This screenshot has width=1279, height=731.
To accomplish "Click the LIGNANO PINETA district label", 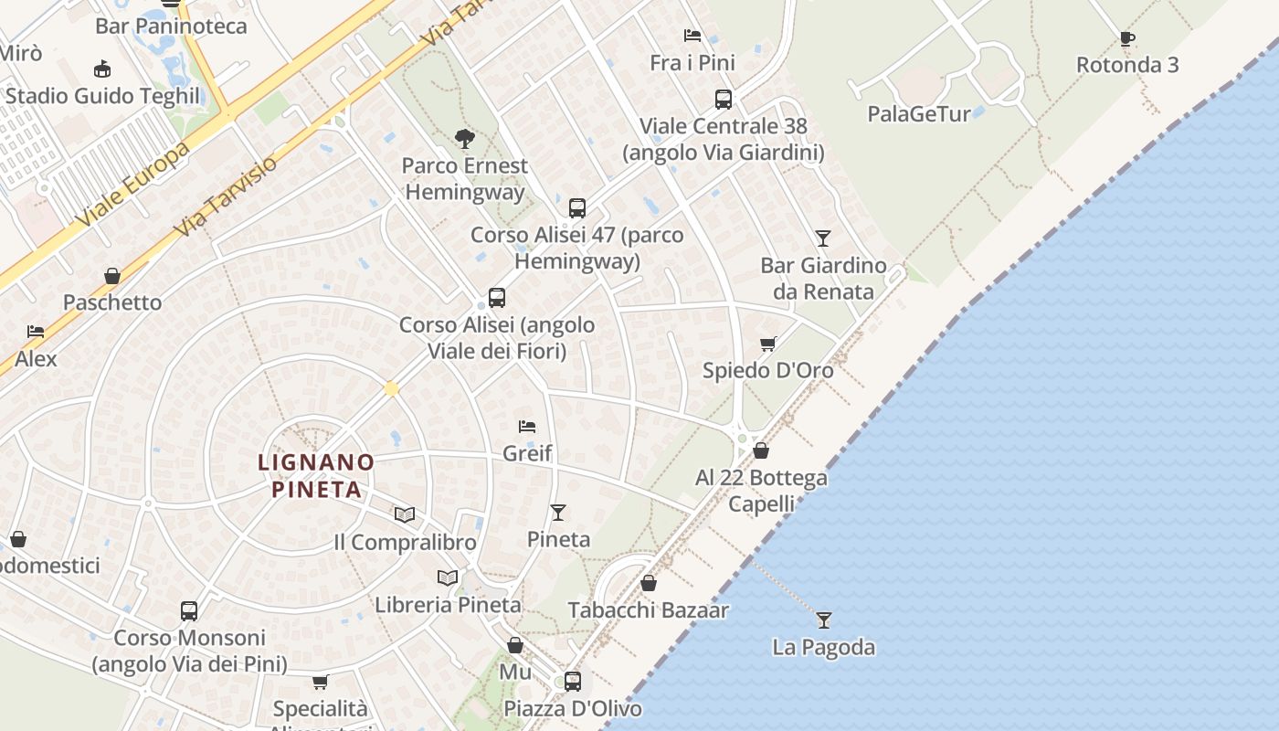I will pyautogui.click(x=316, y=475).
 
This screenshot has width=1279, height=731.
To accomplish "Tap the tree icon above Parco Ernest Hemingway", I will pyautogui.click(x=465, y=139).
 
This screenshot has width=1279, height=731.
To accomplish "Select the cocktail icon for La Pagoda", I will pyautogui.click(x=824, y=620).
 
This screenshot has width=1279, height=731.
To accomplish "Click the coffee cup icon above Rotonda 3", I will pyautogui.click(x=1127, y=38).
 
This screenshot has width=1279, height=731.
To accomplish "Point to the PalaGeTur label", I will pyautogui.click(x=918, y=114).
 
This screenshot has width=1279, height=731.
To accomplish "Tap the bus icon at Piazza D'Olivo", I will pyautogui.click(x=573, y=681).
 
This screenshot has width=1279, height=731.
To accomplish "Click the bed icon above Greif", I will pyautogui.click(x=527, y=426).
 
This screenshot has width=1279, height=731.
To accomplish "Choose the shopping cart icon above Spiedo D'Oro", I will pyautogui.click(x=768, y=344).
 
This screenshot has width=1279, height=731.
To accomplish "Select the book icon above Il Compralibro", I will pyautogui.click(x=405, y=515).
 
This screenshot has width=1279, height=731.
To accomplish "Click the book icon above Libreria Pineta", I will pyautogui.click(x=448, y=577).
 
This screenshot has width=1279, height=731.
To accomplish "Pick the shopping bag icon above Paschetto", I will pyautogui.click(x=112, y=276).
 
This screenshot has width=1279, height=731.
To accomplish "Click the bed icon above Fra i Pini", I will pyautogui.click(x=692, y=37).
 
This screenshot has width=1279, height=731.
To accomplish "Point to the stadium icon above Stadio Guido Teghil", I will pyautogui.click(x=102, y=69).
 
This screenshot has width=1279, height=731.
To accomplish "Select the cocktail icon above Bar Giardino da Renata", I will pyautogui.click(x=823, y=238).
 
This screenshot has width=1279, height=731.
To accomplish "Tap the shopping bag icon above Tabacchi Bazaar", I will pyautogui.click(x=649, y=583).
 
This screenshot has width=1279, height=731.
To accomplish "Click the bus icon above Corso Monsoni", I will pyautogui.click(x=189, y=610).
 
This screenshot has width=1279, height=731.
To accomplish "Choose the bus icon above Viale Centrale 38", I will pyautogui.click(x=724, y=99).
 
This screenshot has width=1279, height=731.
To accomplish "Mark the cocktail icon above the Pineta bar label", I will pyautogui.click(x=558, y=513).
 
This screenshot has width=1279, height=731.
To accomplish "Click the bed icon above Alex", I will pyautogui.click(x=36, y=332).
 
